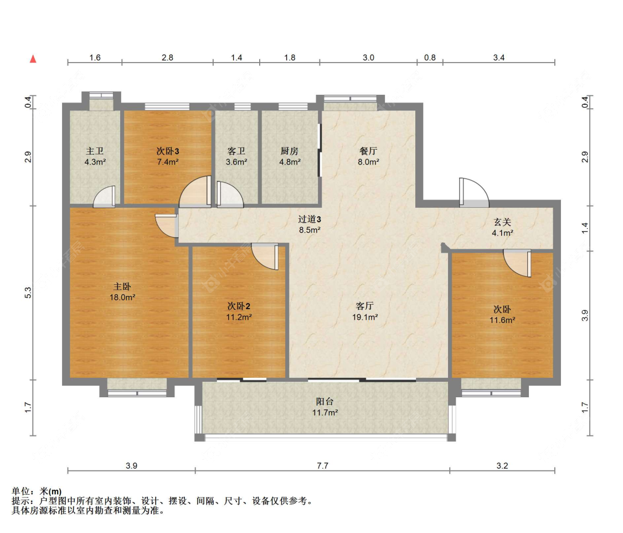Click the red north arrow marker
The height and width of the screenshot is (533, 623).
click(33, 59)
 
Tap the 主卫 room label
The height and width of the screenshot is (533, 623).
click(95, 151)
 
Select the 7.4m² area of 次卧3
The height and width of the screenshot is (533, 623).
click(168, 162)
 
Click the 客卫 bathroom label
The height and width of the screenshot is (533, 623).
click(236, 151)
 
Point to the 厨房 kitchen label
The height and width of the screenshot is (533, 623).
click(290, 151)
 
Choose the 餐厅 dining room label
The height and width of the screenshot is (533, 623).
click(368, 151)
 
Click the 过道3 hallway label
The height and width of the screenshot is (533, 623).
click(310, 219)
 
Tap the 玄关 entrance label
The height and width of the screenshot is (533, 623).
click(502, 222)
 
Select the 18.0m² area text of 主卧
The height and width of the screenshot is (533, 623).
click(122, 297)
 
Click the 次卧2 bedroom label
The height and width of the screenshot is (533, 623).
click(239, 306)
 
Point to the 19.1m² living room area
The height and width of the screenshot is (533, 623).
click(365, 317)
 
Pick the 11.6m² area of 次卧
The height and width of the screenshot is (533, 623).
click(502, 320)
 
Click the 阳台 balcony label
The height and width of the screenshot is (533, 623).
click(325, 402)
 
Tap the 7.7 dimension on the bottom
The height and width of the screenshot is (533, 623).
click(323, 465)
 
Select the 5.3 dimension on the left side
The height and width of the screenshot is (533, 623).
click(28, 293)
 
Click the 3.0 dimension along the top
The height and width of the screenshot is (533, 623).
click(368, 58)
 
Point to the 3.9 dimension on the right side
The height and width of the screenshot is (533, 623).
click(584, 316)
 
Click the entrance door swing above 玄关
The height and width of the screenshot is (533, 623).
click(473, 192)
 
